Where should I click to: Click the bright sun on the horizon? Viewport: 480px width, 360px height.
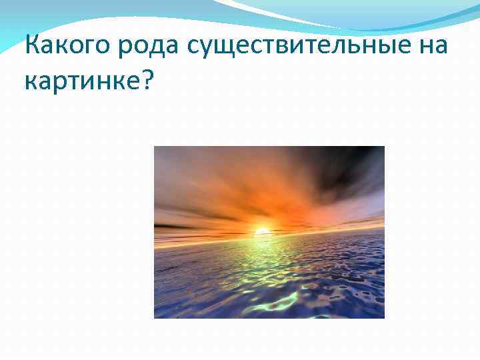(x=262, y=232)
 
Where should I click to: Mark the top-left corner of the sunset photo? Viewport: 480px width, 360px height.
(x=155, y=147)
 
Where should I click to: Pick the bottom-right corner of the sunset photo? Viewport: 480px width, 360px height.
(x=384, y=317)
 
